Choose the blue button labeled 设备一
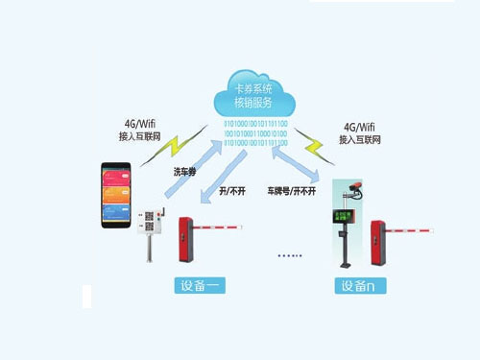click(200, 285)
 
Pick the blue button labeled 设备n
click(360, 285)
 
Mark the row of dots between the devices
click(289, 255)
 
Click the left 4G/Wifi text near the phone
click(140, 124)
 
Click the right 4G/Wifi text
click(357, 128)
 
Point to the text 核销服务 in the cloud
click(253, 102)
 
